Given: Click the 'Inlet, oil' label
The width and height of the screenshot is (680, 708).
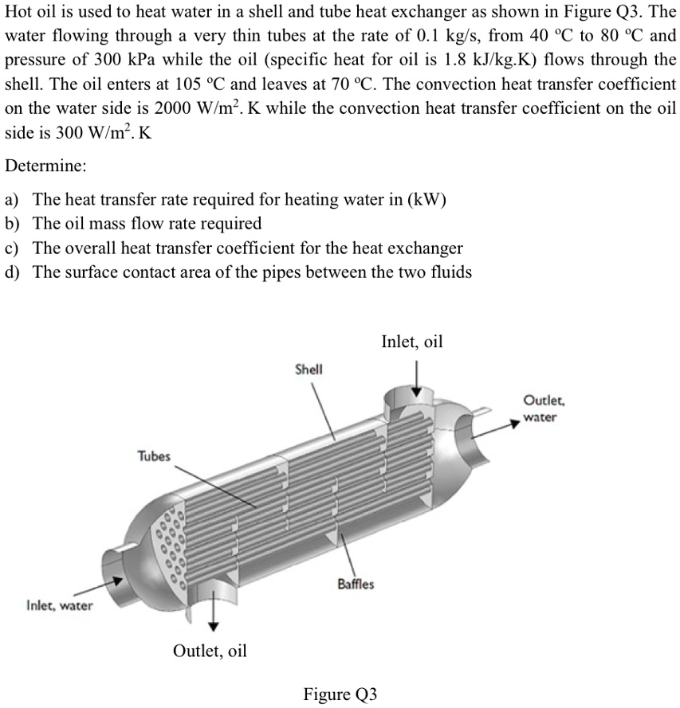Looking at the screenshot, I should (411, 342).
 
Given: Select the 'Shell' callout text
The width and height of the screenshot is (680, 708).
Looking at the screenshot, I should (309, 370).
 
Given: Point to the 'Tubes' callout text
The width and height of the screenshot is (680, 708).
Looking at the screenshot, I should (154, 456).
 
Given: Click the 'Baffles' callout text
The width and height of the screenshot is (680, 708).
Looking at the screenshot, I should (356, 584).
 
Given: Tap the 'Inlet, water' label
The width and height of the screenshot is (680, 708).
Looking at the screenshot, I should (59, 606).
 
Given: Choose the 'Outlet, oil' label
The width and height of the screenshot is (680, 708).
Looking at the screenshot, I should (210, 651).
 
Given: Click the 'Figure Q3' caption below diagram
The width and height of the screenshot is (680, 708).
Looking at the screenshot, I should (340, 694).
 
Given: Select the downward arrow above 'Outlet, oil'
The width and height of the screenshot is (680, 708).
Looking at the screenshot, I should (213, 613).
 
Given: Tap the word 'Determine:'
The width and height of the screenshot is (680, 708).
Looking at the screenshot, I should (45, 167).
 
